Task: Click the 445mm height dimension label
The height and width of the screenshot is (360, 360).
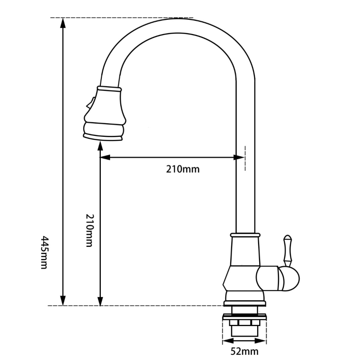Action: pyautogui.click(x=44, y=252)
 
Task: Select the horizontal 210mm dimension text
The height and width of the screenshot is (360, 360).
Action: pyautogui.click(x=183, y=169)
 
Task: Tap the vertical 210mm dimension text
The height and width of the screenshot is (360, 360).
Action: pyautogui.click(x=89, y=231)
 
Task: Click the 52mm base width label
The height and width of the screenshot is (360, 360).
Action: pyautogui.click(x=244, y=351)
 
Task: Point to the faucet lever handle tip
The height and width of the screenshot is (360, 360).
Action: pyautogui.click(x=288, y=238)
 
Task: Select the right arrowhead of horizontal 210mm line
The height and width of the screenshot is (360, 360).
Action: pyautogui.click(x=240, y=157)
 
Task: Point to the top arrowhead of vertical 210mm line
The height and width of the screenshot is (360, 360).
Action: pyautogui.click(x=100, y=146)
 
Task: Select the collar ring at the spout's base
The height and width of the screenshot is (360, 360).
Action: pyautogui.click(x=245, y=235)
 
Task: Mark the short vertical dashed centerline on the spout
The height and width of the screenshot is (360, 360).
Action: pyautogui.click(x=245, y=158)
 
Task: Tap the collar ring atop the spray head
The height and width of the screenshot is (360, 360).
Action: pyautogui.click(x=109, y=89)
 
